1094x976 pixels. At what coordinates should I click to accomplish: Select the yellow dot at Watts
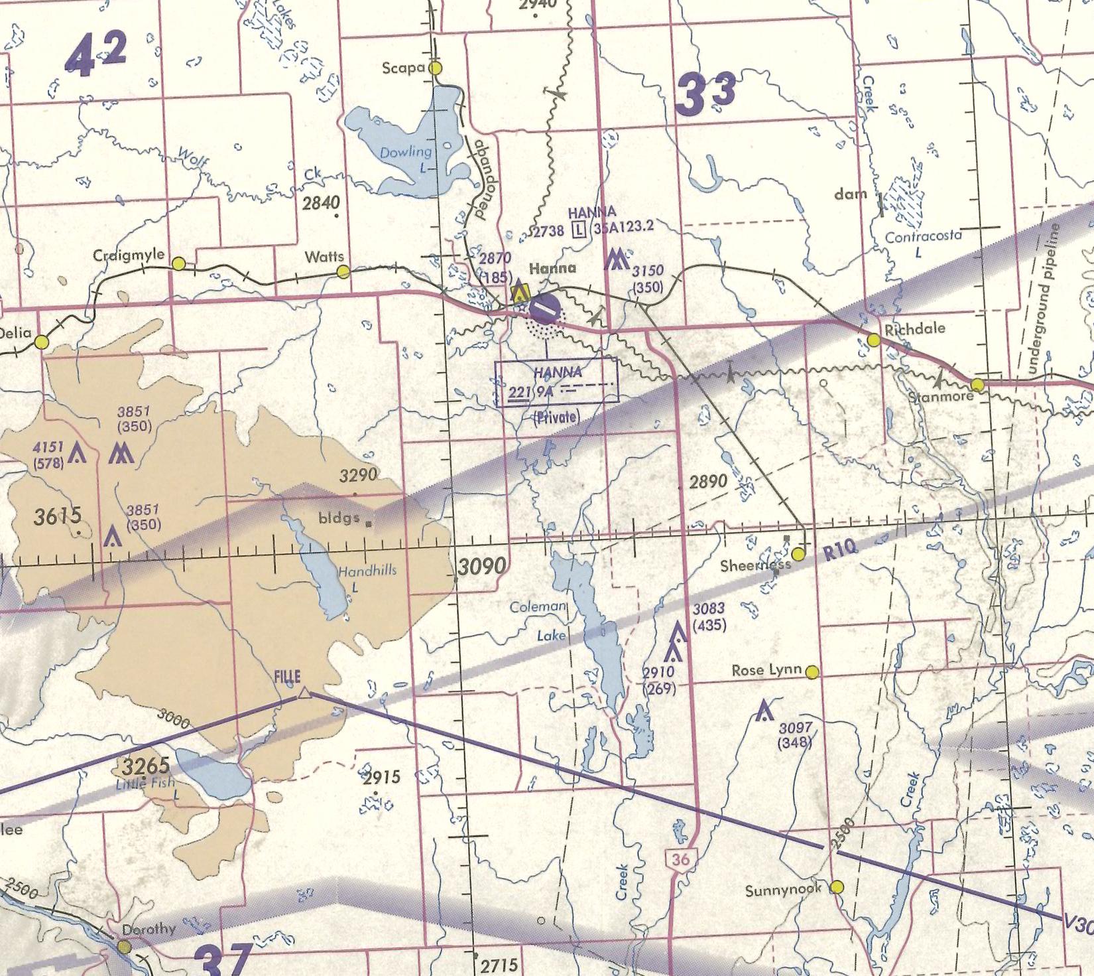point(343,271)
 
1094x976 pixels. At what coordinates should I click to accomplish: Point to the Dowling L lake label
point(405,159)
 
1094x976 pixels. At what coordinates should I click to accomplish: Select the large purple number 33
point(705,94)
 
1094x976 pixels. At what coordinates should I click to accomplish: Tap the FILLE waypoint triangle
point(303,693)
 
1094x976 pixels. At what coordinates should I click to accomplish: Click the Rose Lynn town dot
point(812,672)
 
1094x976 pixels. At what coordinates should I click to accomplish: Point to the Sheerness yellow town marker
point(798,554)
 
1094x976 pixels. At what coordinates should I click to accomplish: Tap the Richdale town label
point(915,328)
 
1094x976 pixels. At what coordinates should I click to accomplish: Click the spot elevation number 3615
point(58,516)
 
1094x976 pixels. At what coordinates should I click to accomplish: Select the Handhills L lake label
point(367,576)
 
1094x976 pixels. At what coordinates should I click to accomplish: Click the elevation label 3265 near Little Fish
point(146,766)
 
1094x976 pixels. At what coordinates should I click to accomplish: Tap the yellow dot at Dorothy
point(124,945)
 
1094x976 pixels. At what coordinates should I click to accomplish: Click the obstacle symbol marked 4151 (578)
point(78,453)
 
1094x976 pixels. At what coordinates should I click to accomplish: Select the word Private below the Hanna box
point(556,417)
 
